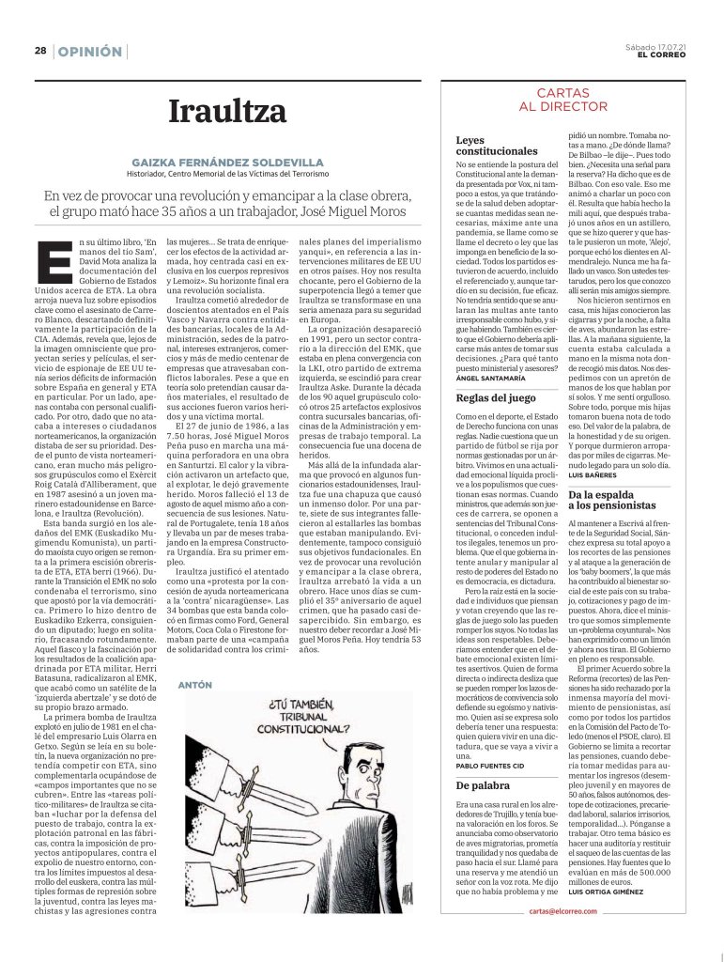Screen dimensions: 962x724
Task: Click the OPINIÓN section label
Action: click(90, 52)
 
